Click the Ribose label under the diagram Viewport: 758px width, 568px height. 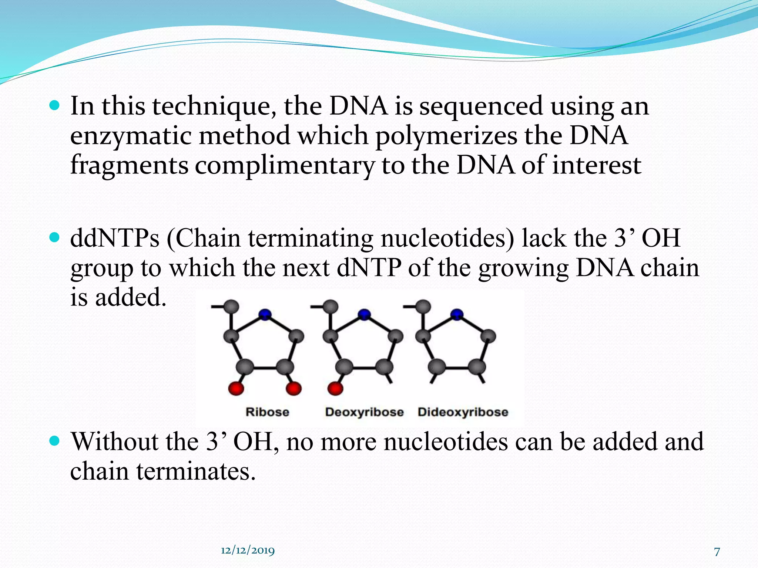click(x=267, y=412)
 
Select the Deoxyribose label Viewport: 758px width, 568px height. click(x=364, y=412)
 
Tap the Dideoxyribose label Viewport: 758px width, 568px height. click(x=463, y=412)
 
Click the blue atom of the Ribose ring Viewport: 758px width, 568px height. click(x=265, y=315)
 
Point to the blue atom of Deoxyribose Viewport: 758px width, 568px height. click(x=364, y=315)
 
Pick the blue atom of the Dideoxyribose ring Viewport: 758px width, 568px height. click(x=457, y=315)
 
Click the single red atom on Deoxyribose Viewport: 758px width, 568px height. click(x=335, y=389)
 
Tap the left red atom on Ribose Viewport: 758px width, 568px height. click(x=236, y=389)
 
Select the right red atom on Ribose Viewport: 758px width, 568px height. click(x=294, y=389)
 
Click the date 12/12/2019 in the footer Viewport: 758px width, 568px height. click(x=248, y=550)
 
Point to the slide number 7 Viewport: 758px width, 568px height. click(x=717, y=552)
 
